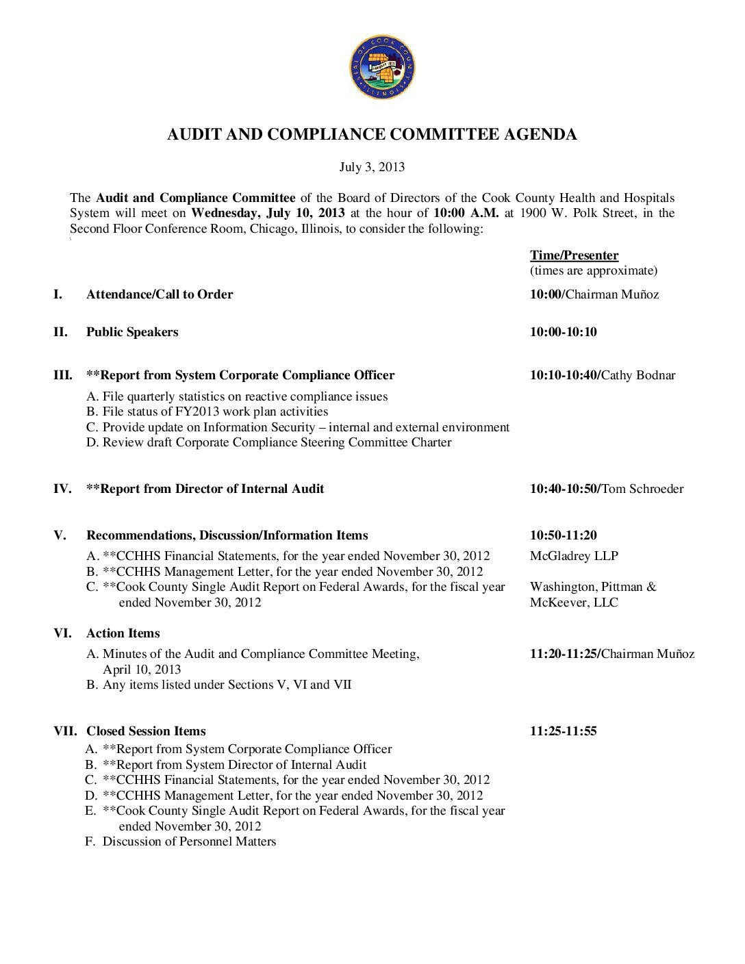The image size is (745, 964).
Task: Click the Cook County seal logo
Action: point(381,68)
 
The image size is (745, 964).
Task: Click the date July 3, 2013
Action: point(372,167)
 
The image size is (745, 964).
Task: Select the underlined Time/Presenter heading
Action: point(574,255)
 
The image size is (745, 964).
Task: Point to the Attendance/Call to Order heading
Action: point(160,294)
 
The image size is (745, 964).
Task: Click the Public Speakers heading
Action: point(132,332)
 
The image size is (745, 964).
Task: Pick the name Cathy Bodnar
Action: point(638,375)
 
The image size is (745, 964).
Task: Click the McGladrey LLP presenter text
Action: point(574,556)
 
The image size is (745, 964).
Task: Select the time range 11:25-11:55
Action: point(563,731)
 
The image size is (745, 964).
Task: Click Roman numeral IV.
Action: point(62,489)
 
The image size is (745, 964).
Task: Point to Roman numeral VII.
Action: point(65,731)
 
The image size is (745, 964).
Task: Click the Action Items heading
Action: point(123,633)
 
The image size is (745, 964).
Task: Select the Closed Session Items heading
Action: point(146,731)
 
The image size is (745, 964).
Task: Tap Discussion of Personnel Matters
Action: point(189,841)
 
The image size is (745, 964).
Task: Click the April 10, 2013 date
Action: point(142,670)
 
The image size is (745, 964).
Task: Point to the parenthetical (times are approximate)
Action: point(593,270)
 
